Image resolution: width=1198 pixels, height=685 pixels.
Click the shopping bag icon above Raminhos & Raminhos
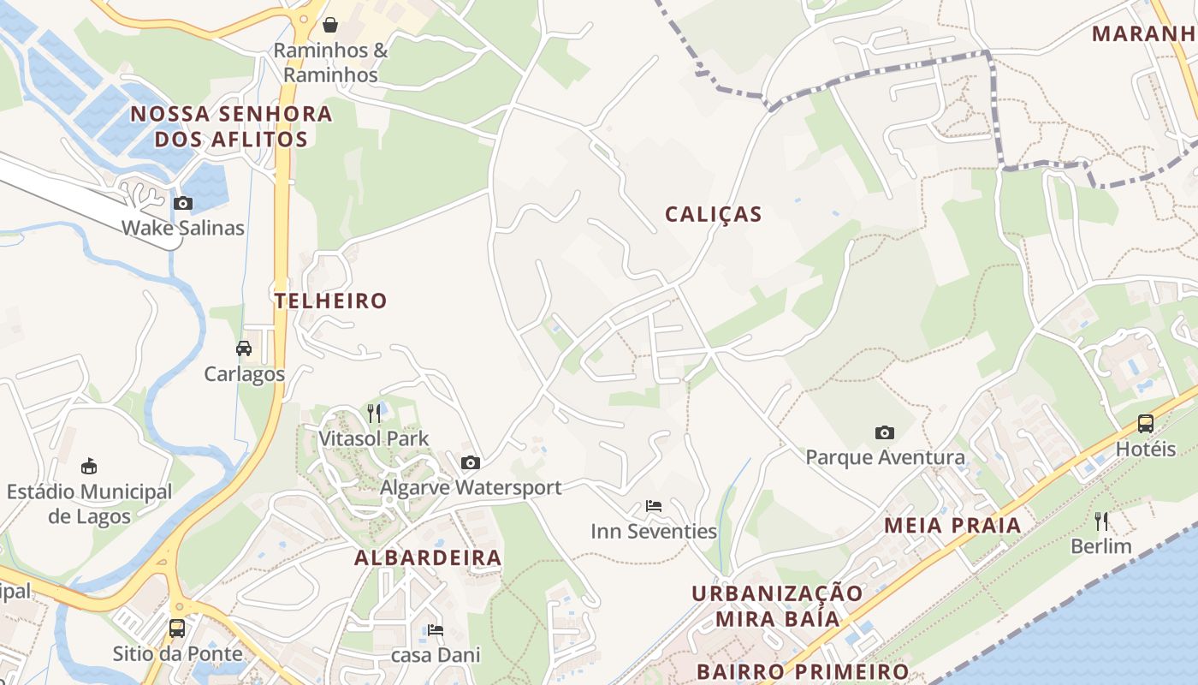[x=330, y=25]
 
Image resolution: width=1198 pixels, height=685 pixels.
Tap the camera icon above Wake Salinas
[x=183, y=204]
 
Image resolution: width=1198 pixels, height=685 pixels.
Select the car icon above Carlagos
[x=244, y=348]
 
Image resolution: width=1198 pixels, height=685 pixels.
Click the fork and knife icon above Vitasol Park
[x=374, y=414]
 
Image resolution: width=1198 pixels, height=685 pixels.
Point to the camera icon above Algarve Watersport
[x=471, y=463]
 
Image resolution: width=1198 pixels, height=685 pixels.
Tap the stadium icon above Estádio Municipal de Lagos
[x=88, y=467]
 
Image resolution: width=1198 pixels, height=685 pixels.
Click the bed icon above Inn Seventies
[x=654, y=506]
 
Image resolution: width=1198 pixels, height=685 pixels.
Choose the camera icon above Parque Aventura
[x=885, y=432]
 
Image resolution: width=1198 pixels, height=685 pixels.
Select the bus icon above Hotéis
[x=1145, y=424]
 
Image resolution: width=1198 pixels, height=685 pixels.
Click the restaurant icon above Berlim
[x=1101, y=521]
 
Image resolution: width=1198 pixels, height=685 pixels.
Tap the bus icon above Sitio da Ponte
[x=177, y=628]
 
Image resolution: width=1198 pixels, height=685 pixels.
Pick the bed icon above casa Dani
[x=436, y=631]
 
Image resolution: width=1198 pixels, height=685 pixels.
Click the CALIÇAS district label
[x=714, y=214]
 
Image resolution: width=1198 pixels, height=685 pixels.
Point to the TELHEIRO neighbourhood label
[x=331, y=301]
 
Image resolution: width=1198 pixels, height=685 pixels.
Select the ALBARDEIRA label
[x=428, y=558]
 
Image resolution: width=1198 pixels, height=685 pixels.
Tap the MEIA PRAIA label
[x=952, y=525]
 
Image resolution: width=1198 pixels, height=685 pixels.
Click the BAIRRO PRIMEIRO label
[x=802, y=671]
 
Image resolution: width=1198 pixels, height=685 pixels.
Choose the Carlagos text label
[x=244, y=374]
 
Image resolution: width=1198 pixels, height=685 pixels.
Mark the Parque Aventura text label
[x=885, y=457]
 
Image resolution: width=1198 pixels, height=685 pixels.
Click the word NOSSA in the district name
[x=169, y=114]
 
